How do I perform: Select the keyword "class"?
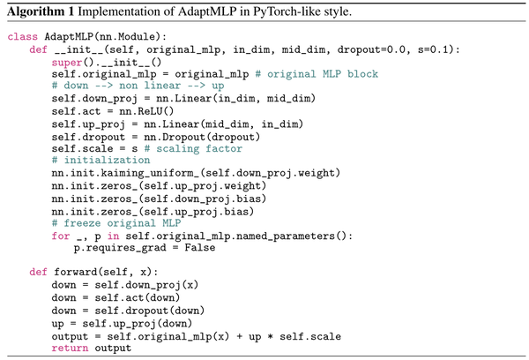(23, 36)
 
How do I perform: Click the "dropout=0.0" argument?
(371, 49)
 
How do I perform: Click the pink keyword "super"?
(67, 63)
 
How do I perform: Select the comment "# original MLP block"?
(317, 74)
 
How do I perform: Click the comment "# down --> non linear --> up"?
(138, 86)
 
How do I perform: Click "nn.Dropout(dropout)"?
(202, 137)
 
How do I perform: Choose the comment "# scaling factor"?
(193, 148)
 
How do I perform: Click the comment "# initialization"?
(101, 160)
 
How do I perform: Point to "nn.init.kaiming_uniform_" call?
(125, 173)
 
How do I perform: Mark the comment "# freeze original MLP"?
(116, 223)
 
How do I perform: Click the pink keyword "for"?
(61, 236)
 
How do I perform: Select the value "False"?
(200, 248)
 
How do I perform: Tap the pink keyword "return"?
(70, 348)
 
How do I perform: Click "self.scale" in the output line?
(310, 336)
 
